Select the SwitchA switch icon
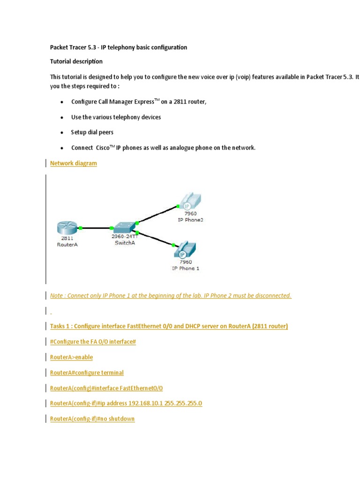tap(124, 227)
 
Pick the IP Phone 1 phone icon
tap(185, 250)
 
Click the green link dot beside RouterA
tap(81, 228)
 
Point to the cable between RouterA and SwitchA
tap(96, 228)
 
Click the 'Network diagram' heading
tap(74, 163)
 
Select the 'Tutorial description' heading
tap(76, 61)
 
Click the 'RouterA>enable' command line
tap(71, 357)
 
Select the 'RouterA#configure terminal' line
tap(87, 373)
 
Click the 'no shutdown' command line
tap(92, 419)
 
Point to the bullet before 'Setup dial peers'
tap(62, 133)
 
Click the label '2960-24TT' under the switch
tap(125, 237)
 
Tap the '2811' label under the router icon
tap(67, 238)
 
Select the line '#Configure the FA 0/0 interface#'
tap(93, 342)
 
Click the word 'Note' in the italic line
tap(57, 295)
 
